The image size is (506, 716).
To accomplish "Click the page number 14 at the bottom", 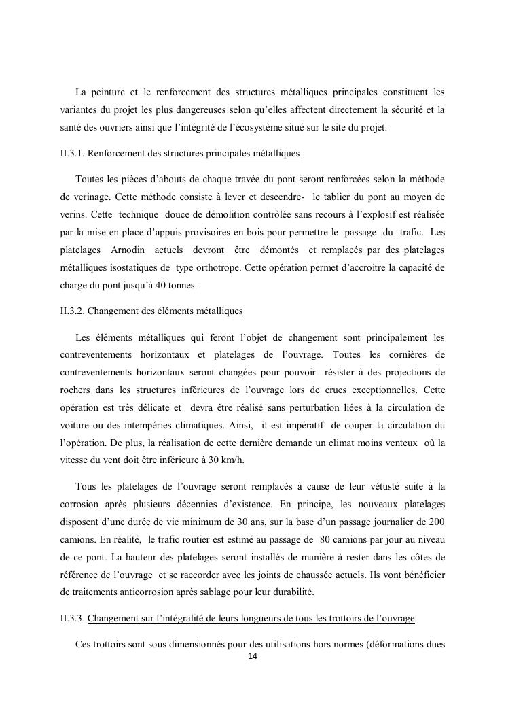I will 253,656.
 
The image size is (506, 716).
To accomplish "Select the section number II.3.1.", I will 72,154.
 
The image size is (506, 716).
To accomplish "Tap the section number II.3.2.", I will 72,311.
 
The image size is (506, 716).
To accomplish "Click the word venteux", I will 398,443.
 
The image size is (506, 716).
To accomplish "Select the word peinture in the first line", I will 109,92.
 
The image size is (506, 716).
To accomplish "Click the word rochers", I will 75,390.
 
